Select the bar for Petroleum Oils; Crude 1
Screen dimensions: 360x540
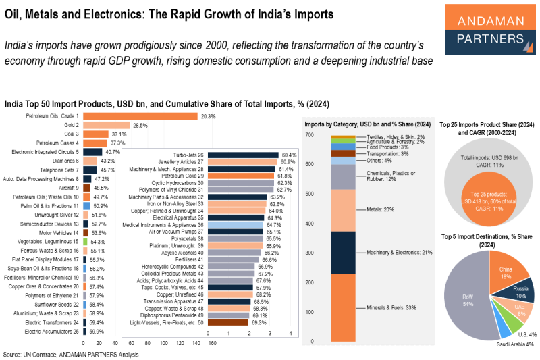140,116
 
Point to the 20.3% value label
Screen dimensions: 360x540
208,116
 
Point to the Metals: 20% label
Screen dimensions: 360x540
379,209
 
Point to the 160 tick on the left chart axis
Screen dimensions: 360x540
212,342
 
